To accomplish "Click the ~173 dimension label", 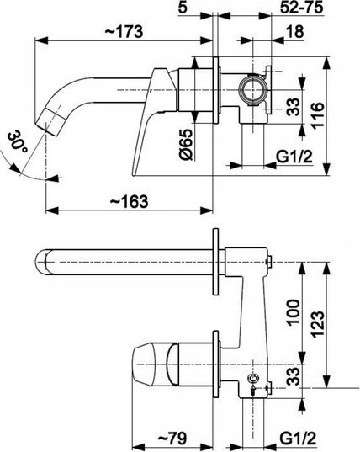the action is click(124, 31).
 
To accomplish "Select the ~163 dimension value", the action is click(129, 201).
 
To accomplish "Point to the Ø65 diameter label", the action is click(186, 145).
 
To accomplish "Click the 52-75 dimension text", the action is click(301, 8).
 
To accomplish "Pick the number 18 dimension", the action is click(295, 31).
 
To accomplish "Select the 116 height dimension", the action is click(318, 114).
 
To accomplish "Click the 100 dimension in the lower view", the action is click(294, 313).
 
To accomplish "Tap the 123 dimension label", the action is click(318, 324).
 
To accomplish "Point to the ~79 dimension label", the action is click(172, 439).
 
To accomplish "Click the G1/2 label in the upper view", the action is click(294, 157).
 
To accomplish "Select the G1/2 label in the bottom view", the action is click(298, 439).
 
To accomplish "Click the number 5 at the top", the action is click(183, 8).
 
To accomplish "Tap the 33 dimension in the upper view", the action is click(294, 107).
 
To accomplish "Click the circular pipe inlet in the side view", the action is click(253, 89).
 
